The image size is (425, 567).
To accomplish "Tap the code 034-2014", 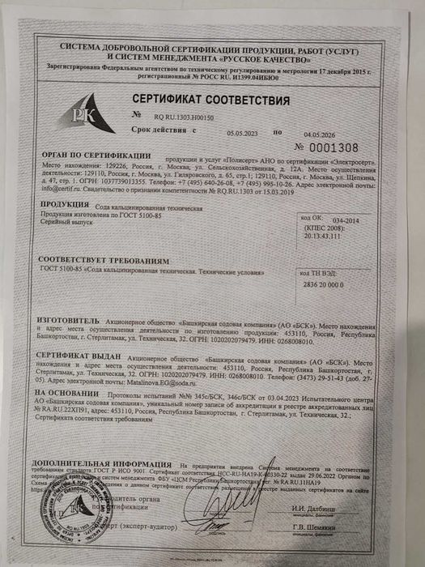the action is tap(350, 220).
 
